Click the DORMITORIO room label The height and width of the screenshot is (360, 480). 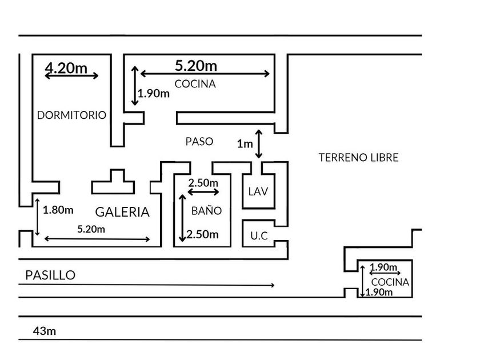[x=71, y=115]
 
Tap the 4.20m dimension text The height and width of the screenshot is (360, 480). [x=66, y=68]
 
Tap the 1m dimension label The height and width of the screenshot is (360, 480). [x=245, y=145]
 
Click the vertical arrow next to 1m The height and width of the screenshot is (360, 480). [x=259, y=144]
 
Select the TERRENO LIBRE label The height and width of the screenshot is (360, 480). [x=358, y=157]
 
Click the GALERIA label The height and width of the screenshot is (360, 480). [x=122, y=212]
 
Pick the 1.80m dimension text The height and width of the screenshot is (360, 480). [x=58, y=209]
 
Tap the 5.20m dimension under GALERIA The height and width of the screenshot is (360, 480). [x=91, y=229]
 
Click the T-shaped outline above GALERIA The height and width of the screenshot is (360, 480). [x=113, y=182]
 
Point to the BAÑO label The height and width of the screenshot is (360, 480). [x=206, y=210]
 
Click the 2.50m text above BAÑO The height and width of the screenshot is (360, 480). [x=203, y=182]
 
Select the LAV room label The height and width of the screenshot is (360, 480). [x=258, y=191]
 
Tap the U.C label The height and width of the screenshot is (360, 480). [x=259, y=235]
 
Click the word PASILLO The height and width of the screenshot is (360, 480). [x=50, y=275]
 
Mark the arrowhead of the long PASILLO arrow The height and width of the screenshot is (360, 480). [x=274, y=285]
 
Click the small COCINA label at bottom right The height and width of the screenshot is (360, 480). [x=390, y=282]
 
